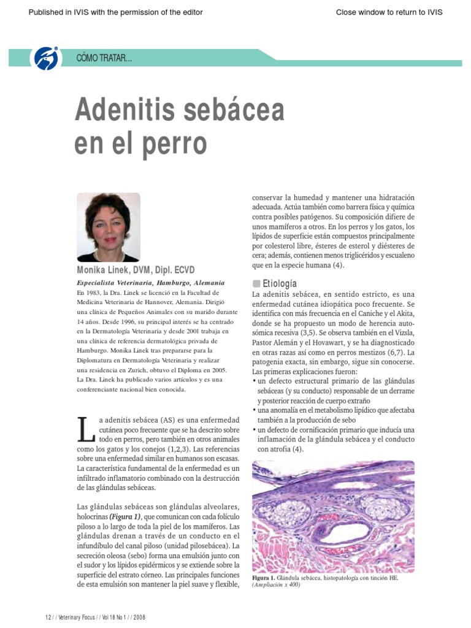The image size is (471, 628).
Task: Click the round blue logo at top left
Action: (x=47, y=58)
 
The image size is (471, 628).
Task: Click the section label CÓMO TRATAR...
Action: (x=104, y=58)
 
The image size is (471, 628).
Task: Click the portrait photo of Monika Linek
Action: (x=108, y=227)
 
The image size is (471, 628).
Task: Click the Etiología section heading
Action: (x=280, y=283)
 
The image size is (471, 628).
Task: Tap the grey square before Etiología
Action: (x=256, y=283)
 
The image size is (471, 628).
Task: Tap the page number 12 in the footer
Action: (x=48, y=616)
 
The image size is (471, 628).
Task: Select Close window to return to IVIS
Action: (x=389, y=12)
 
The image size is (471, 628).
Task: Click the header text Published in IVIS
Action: (x=116, y=12)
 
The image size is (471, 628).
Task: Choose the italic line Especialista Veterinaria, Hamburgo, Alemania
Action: (x=150, y=283)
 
